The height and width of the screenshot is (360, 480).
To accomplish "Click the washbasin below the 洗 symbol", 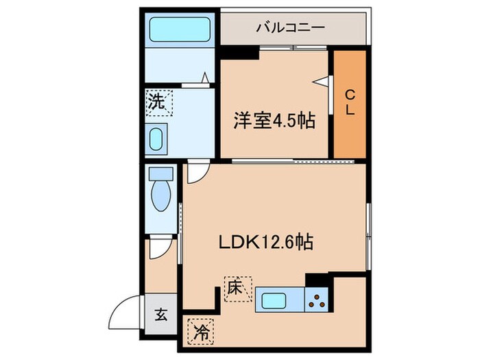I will [x=158, y=139].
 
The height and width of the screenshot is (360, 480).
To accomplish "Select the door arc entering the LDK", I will [x=195, y=172].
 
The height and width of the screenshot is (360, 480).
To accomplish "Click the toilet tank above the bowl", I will [x=161, y=174].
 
